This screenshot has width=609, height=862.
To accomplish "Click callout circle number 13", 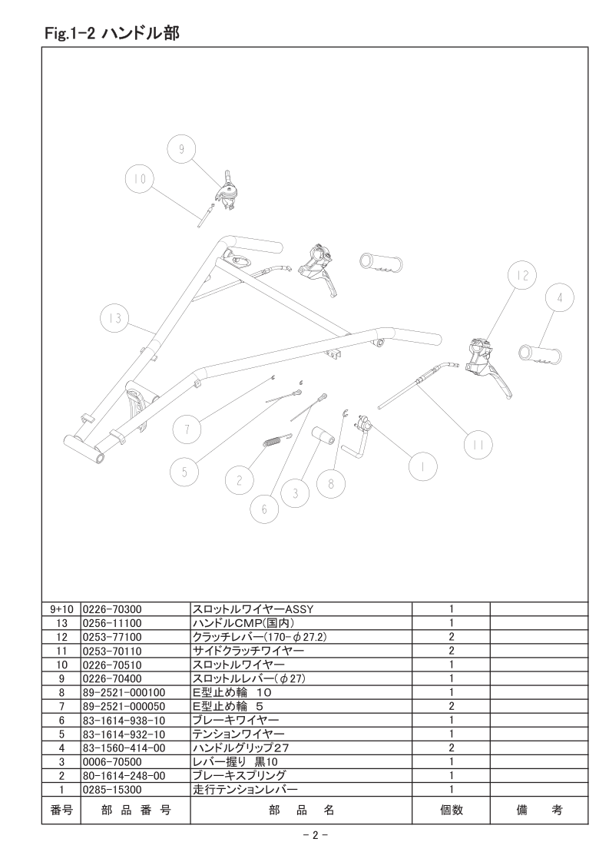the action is click(115, 319).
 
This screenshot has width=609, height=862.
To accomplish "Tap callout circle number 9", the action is click(181, 148).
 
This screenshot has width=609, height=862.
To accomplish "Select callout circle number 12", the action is click(522, 275).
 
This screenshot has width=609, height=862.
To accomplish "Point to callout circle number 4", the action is click(560, 298).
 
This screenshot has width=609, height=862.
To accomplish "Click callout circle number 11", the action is click(478, 445).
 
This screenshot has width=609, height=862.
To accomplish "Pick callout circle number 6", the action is click(264, 509).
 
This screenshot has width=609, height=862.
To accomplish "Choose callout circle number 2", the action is click(239, 480).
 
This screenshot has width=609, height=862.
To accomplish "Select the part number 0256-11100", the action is click(111, 623).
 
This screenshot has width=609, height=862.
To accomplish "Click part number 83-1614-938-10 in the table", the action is click(124, 720).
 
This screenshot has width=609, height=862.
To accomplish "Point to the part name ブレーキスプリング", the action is click(239, 776).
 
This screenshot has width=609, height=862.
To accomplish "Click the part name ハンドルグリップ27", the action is click(240, 748).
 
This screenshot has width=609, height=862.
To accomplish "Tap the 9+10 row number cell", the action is click(61, 609).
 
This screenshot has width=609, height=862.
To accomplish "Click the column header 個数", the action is click(452, 810).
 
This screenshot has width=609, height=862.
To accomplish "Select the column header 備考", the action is click(539, 810).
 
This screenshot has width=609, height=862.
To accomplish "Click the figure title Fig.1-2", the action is click(71, 34).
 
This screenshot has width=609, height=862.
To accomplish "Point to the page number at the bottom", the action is click(316, 835).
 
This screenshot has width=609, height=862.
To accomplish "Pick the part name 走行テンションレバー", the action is click(245, 790).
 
